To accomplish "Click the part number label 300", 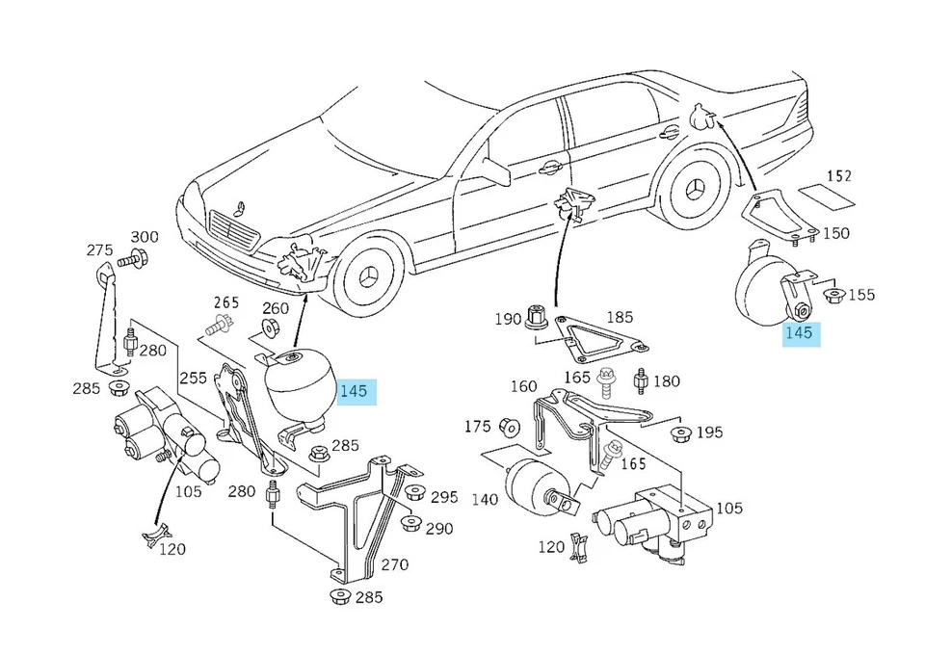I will (x=145, y=237).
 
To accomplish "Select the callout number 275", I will (x=99, y=249).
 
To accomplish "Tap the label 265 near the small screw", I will (x=225, y=301).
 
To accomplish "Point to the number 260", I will (x=276, y=308).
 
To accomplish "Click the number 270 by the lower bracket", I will (x=394, y=564).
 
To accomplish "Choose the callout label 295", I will (x=444, y=497).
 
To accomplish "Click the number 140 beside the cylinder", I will (x=486, y=500).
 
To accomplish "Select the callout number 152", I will (x=839, y=176).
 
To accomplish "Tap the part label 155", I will (x=861, y=295).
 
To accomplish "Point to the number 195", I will (x=709, y=432).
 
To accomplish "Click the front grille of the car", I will (x=231, y=235).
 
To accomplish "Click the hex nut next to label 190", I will (x=537, y=319).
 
